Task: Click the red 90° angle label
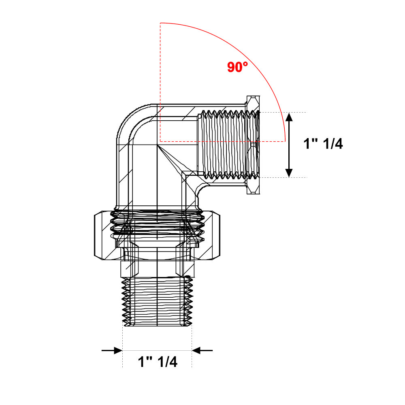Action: [x=237, y=67]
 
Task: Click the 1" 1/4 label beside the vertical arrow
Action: [x=323, y=144]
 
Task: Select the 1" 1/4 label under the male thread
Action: [x=158, y=362]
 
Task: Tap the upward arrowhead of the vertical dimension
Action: [x=289, y=117]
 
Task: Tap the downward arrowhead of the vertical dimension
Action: [x=289, y=173]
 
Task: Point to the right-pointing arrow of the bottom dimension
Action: [x=112, y=350]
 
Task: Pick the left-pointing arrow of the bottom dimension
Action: [x=202, y=350]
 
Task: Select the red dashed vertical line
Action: [x=160, y=82]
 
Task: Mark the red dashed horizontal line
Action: [x=223, y=141]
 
